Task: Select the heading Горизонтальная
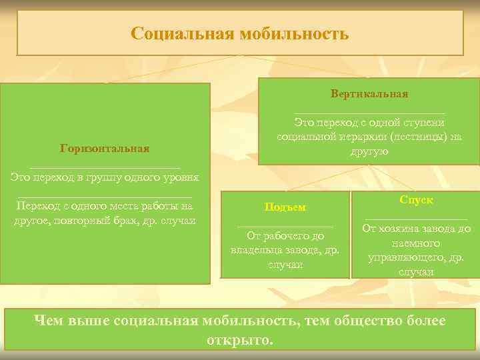click(x=105, y=148)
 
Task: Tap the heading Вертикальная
click(x=369, y=94)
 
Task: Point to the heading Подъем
click(x=285, y=207)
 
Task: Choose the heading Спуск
click(x=416, y=200)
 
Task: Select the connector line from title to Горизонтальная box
click(x=167, y=69)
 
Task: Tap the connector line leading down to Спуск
click(x=396, y=177)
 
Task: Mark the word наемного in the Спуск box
click(x=416, y=243)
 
